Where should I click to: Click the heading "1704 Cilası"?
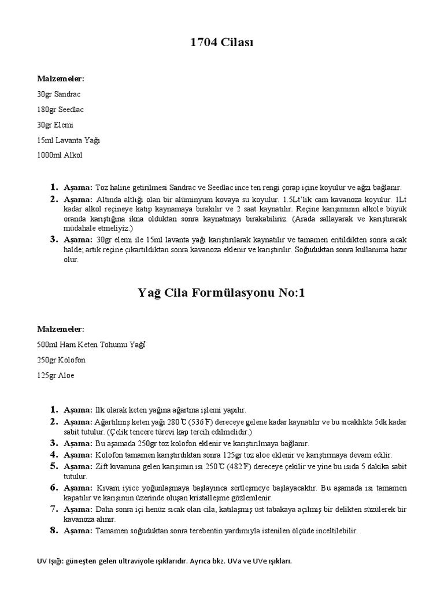(222, 43)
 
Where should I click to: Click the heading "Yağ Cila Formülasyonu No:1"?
(222, 293)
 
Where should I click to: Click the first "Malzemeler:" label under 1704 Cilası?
(61, 78)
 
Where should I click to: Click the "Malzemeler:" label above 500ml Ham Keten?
(61, 329)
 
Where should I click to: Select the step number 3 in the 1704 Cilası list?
(53, 239)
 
